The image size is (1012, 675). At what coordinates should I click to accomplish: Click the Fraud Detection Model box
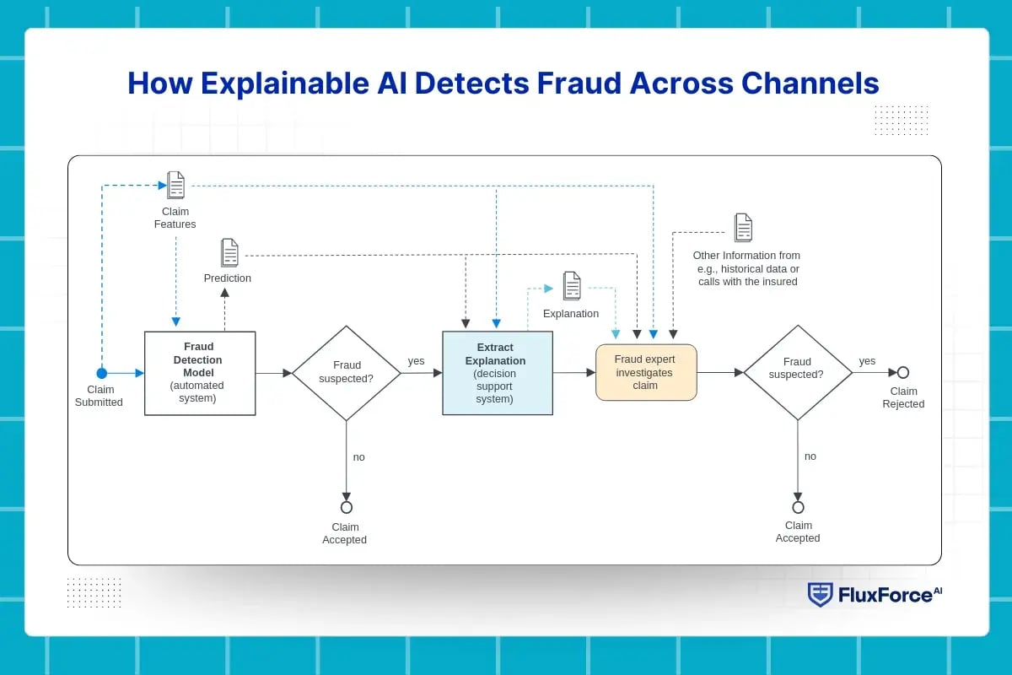[x=200, y=373]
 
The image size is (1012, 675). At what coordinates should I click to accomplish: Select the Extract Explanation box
[x=498, y=373]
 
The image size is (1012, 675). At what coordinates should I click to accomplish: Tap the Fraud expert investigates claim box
[x=646, y=372]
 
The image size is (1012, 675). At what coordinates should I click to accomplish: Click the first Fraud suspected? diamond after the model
[x=347, y=373]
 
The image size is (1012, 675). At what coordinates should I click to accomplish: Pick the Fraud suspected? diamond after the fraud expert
[x=798, y=372]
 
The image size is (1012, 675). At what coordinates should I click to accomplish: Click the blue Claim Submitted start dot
[x=102, y=373]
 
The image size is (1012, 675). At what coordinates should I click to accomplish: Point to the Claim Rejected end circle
[x=903, y=372]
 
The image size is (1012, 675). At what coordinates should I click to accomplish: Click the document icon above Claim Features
[x=175, y=185]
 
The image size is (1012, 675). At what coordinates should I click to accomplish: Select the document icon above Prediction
[x=229, y=252]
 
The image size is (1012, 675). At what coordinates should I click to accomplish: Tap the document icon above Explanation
[x=572, y=286]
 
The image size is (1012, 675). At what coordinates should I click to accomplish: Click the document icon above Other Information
[x=743, y=228]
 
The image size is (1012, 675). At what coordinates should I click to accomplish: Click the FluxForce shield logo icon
[x=820, y=594]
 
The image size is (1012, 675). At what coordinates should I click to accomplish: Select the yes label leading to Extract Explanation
[x=417, y=361]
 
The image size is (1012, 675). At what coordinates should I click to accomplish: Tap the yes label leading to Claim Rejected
[x=867, y=361]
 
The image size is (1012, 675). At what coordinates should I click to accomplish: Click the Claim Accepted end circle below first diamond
[x=347, y=507]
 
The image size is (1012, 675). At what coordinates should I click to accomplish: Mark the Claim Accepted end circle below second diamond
[x=798, y=507]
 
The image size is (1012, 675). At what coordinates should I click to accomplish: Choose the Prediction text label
[x=228, y=278]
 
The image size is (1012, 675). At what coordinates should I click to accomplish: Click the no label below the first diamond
[x=359, y=456]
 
